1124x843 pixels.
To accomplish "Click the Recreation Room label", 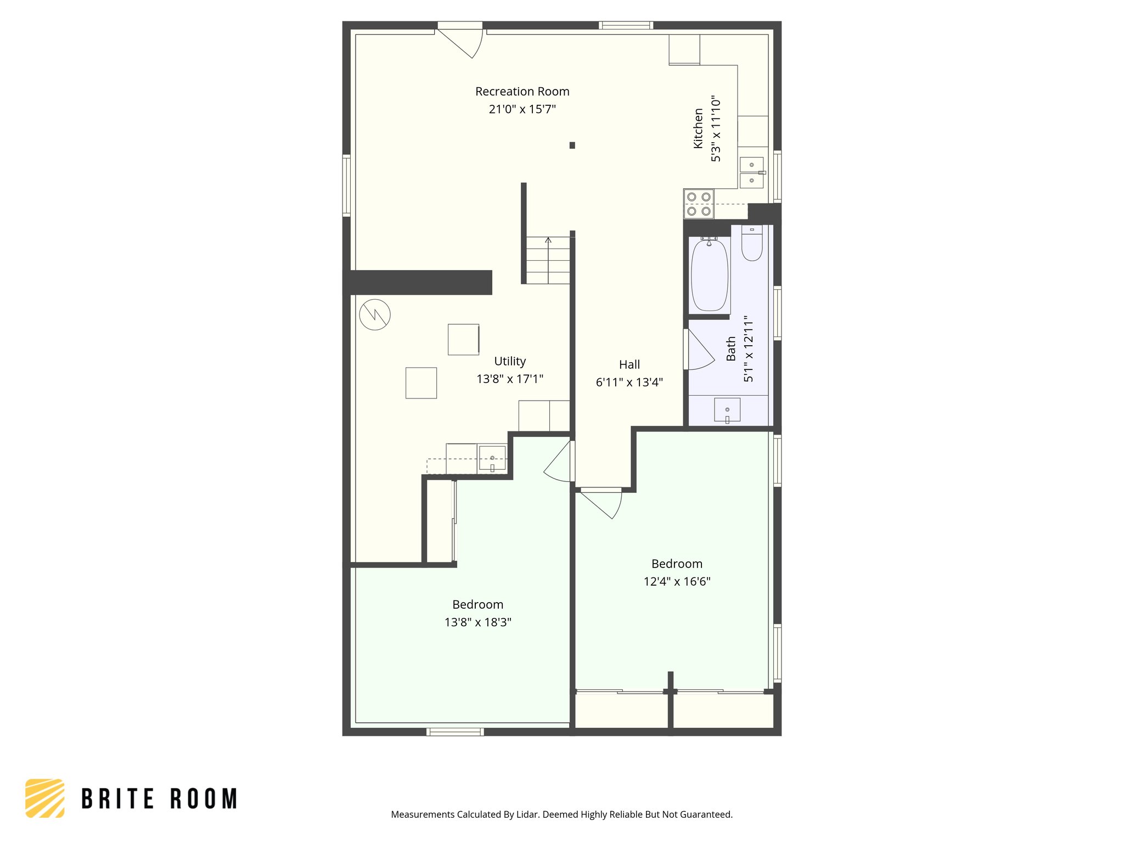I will point(522,92).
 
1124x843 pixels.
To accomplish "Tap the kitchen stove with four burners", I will point(699,204).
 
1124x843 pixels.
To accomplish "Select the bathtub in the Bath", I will point(709,276).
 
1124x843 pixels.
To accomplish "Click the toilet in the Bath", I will point(752,244).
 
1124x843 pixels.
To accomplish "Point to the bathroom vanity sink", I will point(727,410).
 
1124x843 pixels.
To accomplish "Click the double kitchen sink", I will point(751,172).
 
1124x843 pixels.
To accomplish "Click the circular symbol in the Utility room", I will point(375,314).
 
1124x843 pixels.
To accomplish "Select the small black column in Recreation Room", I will point(572,145).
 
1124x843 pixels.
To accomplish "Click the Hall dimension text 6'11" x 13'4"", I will point(629,383).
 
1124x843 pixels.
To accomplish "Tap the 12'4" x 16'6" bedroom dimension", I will point(677,582).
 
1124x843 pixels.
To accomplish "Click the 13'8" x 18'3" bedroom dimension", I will point(477,622).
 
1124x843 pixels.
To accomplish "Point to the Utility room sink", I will point(492,459).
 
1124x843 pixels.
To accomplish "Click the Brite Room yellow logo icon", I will point(45,798).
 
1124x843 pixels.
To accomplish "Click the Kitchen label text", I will point(698,128).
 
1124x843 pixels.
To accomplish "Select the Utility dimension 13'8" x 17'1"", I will point(509,379).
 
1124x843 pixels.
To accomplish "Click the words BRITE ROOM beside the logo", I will point(159,799).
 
